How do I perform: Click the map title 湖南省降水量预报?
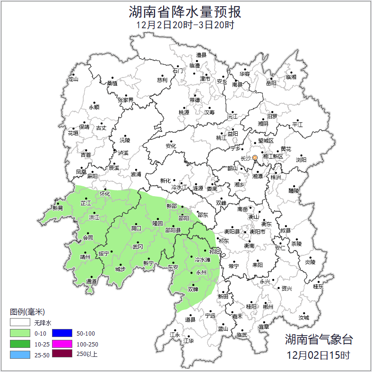[185, 11]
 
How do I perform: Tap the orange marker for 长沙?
[255, 157]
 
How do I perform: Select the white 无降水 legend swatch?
[20, 322]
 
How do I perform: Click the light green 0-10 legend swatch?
[20, 333]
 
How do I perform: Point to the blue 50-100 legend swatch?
[62, 333]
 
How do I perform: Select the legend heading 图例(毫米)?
[27, 312]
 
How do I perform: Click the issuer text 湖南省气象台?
[319, 339]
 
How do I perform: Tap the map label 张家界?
[126, 100]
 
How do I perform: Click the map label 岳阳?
[271, 83]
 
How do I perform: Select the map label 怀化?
[105, 194]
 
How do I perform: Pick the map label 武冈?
[138, 247]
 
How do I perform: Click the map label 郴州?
[268, 306]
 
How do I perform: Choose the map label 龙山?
[73, 79]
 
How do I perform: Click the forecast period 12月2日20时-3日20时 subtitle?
[185, 25]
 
